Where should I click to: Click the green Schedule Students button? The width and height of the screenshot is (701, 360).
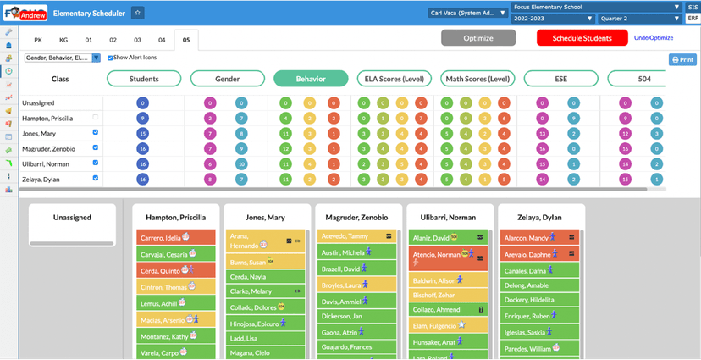coord(582,38)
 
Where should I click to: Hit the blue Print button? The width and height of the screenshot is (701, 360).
coord(682,59)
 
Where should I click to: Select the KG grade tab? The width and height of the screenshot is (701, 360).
coord(63,40)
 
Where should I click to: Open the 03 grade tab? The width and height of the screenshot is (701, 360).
coord(137,40)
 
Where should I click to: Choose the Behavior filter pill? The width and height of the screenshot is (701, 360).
coord(311,79)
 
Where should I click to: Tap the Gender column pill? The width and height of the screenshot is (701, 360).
coord(227,79)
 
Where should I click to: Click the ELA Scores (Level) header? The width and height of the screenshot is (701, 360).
coord(394,79)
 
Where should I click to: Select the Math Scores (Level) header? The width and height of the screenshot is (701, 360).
coord(477,79)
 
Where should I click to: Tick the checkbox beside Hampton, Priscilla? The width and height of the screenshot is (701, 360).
coord(95,117)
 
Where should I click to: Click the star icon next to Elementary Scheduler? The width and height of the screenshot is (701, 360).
coord(137,13)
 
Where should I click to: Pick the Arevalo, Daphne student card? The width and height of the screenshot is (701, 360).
coord(539,254)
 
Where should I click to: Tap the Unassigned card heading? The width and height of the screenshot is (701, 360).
coord(72,218)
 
